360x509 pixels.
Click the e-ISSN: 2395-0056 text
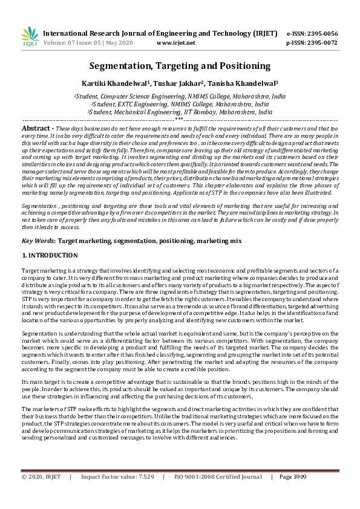tap(312, 33)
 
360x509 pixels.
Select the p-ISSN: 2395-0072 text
tap(312, 43)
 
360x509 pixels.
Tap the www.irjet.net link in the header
tap(175, 43)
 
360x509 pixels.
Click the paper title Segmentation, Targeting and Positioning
tap(180, 66)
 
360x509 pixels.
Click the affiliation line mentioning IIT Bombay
tap(180, 112)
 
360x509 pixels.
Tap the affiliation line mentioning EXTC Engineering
tap(180, 104)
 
